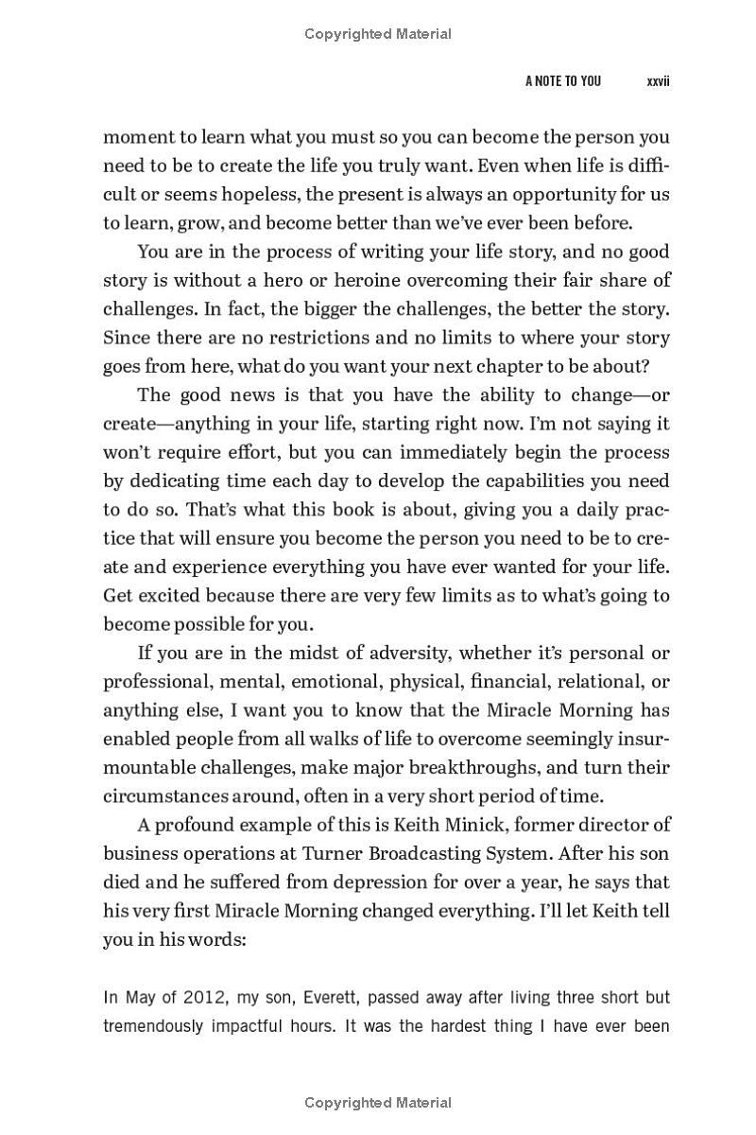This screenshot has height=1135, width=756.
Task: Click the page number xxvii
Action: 658,81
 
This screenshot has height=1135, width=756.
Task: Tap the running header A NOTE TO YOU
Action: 563,81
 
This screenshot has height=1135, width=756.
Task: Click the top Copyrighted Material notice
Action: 378,34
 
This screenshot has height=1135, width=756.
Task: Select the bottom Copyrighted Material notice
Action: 378,1103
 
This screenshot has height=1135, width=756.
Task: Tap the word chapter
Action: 518,366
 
